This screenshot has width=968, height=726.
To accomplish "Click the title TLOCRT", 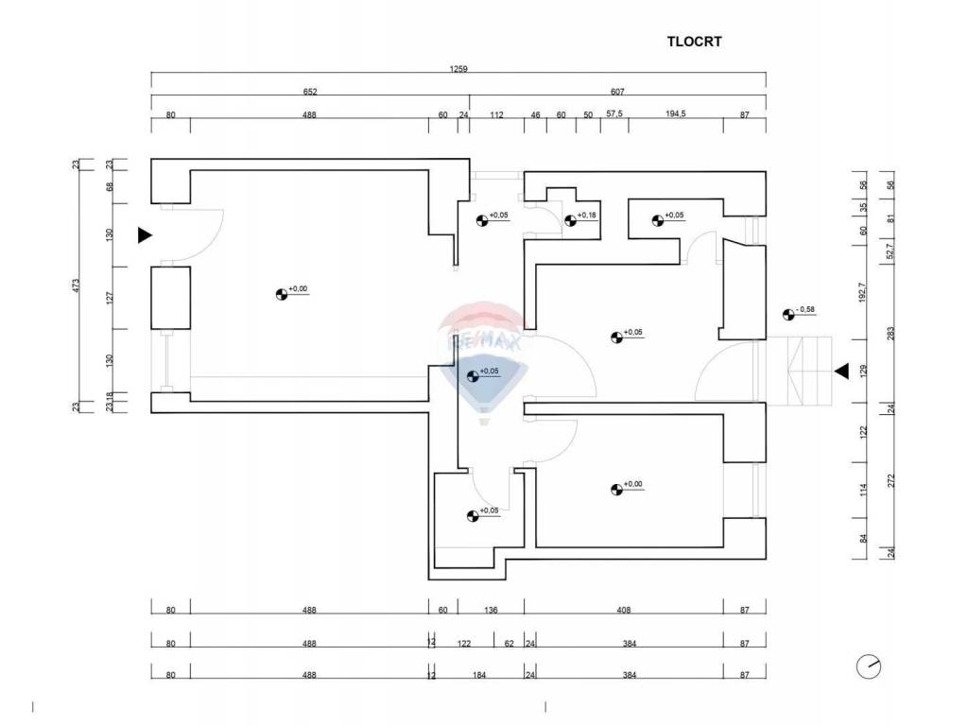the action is tap(694, 42).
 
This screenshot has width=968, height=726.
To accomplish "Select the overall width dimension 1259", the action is tap(458, 69).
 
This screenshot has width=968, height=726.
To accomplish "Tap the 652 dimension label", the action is tap(310, 92).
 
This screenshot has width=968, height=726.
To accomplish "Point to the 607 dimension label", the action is tap(617, 92).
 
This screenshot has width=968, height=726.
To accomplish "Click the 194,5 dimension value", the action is tap(676, 114).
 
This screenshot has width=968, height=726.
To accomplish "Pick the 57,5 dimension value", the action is tap(614, 114).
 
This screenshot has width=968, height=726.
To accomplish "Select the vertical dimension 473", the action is tap(76, 285).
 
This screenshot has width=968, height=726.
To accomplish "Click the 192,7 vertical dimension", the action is tap(863, 291).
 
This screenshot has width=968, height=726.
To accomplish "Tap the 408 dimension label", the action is tap(624, 610).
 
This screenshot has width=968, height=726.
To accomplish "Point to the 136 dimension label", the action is tap(491, 610).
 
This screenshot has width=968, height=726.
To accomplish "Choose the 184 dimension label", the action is tap(479, 675).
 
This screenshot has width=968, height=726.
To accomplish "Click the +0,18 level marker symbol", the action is tap(570, 219).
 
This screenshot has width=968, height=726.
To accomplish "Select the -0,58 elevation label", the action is tap(805, 309).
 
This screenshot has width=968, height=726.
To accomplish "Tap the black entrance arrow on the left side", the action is tap(145, 235).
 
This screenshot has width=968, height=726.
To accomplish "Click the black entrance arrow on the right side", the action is tap(842, 372).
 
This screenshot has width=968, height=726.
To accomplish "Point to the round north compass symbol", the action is tap(869, 666).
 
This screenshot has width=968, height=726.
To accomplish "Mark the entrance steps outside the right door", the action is tap(800, 371).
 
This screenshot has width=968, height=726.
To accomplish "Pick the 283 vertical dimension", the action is tap(890, 334).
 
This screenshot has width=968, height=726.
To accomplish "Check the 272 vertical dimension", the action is tap(890, 480).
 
